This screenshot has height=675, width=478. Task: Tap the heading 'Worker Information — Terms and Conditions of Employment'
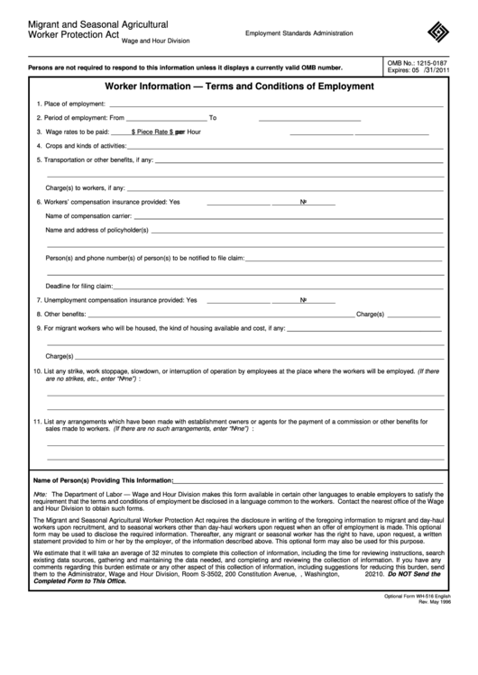pos(239,87)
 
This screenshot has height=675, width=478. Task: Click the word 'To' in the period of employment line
pos(213,118)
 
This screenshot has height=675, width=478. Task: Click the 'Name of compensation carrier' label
pos(88,216)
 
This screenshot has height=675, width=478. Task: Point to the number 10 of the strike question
pos(36,371)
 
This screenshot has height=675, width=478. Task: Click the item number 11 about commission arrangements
pos(36,422)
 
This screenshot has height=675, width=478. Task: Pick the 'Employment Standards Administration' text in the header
pos(299,33)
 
